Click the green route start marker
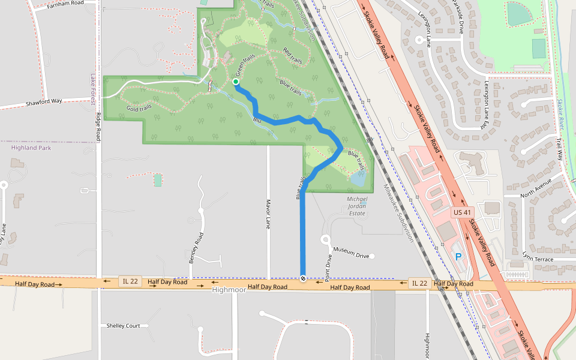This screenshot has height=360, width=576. point(236,82)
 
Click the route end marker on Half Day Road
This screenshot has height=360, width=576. point(303,278)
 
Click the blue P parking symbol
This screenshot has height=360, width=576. point(459,256)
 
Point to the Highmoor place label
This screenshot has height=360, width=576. point(230,290)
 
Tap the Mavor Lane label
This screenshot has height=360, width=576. point(268,214)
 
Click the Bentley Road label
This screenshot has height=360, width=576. point(193,247)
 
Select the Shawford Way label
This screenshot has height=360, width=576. point(44,102)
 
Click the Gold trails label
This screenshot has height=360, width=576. point(139,109)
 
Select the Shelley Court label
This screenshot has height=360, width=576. point(123,326)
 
